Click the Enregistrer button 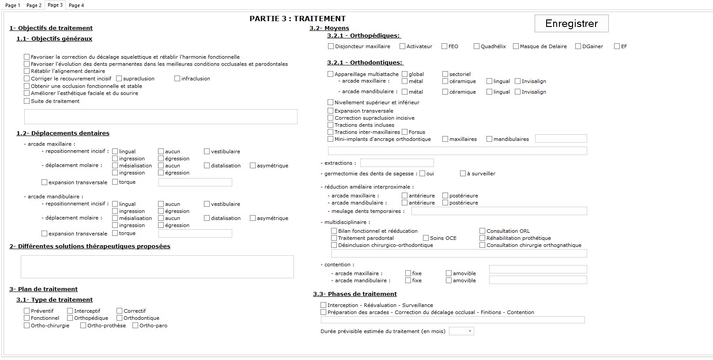[571, 23]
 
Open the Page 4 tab [76, 5]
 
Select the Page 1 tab [12, 5]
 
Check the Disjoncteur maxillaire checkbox [331, 46]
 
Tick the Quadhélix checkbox [476, 46]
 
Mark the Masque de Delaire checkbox [516, 46]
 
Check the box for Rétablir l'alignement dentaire [27, 71]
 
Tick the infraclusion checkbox [177, 78]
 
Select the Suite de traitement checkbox [27, 101]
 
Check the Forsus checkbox [405, 132]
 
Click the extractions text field [397, 163]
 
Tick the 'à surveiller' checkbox [463, 174]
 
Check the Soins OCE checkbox [426, 238]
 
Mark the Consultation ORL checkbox [483, 231]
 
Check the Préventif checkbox [27, 311]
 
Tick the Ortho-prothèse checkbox [83, 325]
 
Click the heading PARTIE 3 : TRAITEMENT [298, 19]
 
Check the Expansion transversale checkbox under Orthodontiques [331, 110]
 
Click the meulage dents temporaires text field [499, 211]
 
